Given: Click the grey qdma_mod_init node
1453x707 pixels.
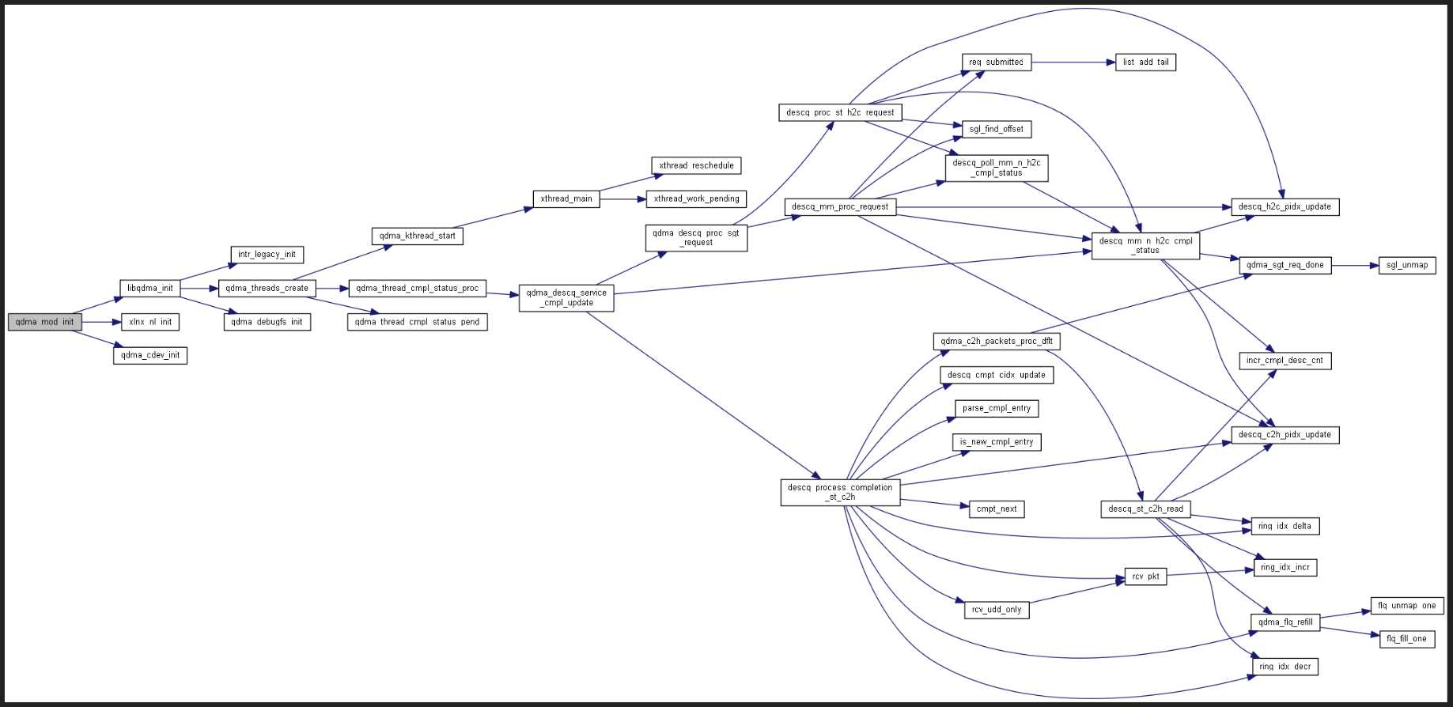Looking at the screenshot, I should (x=44, y=322).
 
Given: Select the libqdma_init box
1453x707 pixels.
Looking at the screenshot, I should (x=150, y=288).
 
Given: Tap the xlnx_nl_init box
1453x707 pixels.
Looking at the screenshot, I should (x=150, y=322).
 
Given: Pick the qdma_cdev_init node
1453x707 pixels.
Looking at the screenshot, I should (x=150, y=355).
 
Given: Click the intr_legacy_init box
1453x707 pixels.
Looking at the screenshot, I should (x=267, y=255).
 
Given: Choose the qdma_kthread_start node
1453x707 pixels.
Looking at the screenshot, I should (x=417, y=236).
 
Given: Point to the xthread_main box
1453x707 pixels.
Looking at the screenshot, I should (x=566, y=199).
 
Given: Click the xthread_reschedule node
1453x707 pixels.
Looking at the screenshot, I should (x=696, y=165).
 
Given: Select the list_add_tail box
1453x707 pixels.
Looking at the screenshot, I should (x=1145, y=62).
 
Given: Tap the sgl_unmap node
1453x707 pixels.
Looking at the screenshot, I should (x=1407, y=265).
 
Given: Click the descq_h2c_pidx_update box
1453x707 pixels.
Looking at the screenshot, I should (x=1285, y=206).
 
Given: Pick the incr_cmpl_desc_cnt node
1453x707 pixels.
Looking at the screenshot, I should (x=1285, y=361).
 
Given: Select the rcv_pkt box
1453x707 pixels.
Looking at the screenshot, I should (x=1145, y=577).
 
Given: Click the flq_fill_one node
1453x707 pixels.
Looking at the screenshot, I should (x=1406, y=639).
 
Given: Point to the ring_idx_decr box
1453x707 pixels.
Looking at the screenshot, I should (x=1285, y=667).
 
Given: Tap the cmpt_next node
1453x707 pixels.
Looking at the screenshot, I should (x=997, y=509).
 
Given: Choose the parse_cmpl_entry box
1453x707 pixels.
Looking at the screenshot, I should (x=997, y=408).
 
